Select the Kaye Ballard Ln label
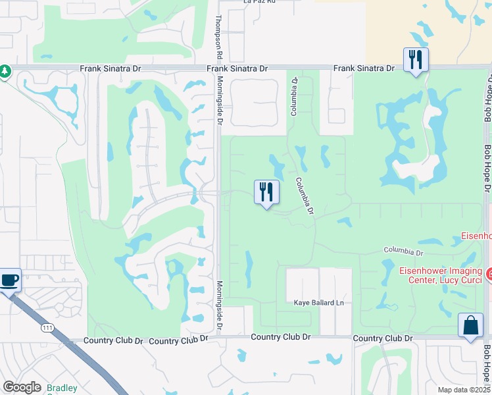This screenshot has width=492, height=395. click(x=319, y=303)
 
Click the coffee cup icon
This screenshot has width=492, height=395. click(x=10, y=280)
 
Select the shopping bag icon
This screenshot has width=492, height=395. click(x=470, y=325)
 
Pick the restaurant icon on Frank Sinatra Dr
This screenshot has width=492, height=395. click(x=416, y=60)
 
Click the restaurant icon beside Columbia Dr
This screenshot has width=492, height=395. click(x=266, y=192)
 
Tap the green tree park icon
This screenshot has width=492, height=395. click(x=5, y=70)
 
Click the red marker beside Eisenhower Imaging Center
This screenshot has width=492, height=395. click(x=488, y=272)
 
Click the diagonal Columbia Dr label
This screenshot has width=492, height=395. click(x=305, y=197)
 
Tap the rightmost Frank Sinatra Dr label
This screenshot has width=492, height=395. click(x=363, y=68)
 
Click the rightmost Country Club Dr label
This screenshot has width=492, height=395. click(x=382, y=338)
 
